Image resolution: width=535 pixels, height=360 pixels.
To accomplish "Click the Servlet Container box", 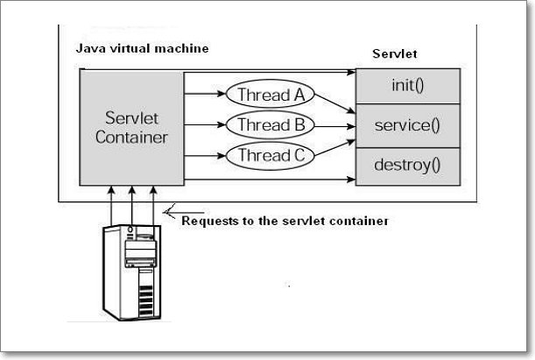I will [131, 128].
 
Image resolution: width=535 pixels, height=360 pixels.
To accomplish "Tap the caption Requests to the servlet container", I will [284, 221].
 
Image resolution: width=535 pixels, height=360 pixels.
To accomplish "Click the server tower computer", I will [134, 272].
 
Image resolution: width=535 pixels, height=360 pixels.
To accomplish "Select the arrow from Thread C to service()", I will [332, 146].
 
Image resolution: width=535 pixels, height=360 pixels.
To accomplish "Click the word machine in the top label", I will [181, 49].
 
